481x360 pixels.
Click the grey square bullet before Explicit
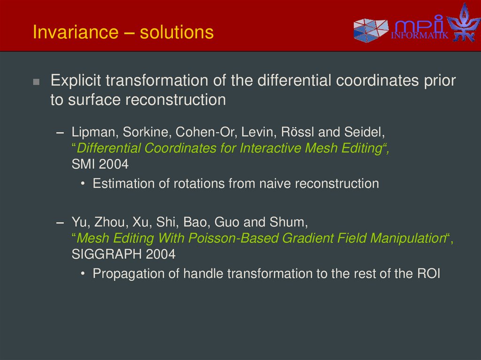36,82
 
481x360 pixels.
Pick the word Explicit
76,81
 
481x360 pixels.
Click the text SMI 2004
100,165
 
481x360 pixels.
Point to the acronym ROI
428,274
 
